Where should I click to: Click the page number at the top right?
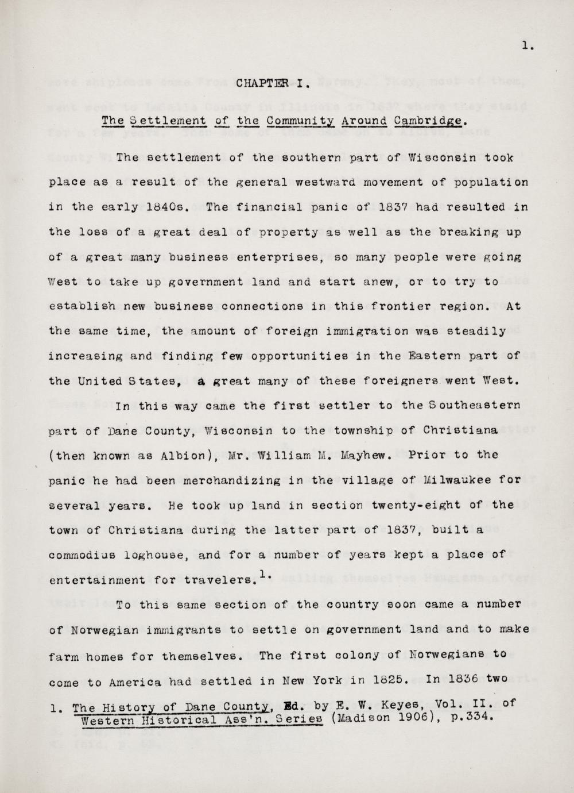coord(528,47)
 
